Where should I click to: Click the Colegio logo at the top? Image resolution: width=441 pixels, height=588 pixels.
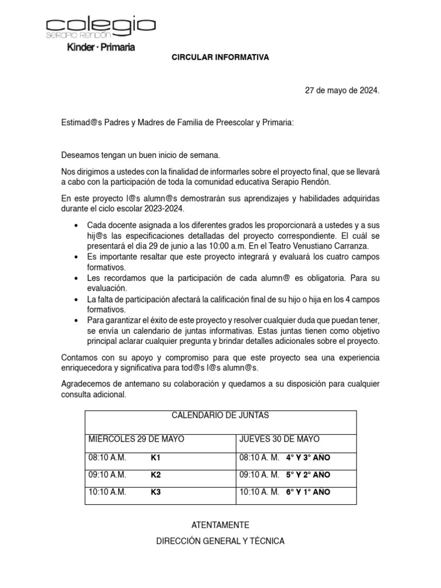(x=100, y=27)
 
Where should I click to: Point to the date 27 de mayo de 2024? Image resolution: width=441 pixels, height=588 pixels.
(x=342, y=91)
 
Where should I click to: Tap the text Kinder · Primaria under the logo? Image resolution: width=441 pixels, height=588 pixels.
(x=101, y=47)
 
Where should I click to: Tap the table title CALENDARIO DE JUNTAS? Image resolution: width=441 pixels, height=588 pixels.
(x=220, y=416)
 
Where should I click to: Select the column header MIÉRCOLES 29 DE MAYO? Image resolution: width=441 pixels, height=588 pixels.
(x=136, y=439)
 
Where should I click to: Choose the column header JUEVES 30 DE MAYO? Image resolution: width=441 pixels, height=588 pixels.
(x=278, y=439)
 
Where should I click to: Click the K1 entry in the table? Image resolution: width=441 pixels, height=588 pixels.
(x=156, y=458)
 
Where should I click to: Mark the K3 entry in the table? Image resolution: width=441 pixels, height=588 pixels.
(x=156, y=492)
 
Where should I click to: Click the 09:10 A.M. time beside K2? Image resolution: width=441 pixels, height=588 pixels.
(x=107, y=475)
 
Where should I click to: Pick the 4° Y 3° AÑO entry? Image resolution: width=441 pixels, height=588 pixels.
(x=308, y=458)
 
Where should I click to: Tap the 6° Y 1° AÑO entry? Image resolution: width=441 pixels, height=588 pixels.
(x=308, y=492)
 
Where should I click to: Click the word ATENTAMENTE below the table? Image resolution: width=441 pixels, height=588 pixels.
(x=220, y=525)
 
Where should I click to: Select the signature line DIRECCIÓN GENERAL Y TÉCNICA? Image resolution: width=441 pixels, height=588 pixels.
(x=220, y=541)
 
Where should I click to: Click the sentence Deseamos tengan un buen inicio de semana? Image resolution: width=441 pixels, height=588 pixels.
(x=141, y=156)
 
